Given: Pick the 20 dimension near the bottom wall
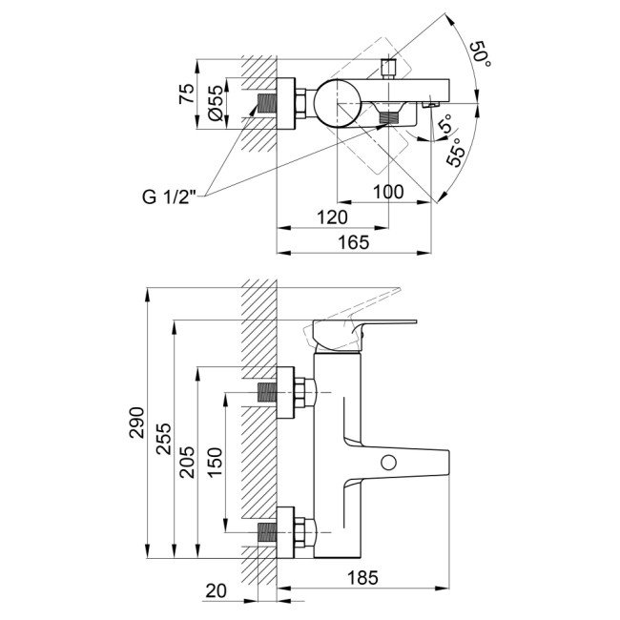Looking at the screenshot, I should [217, 590].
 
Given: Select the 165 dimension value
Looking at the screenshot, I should [353, 242].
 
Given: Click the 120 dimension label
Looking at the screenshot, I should [331, 217].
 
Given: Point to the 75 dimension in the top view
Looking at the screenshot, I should [188, 93].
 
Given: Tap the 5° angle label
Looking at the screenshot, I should [444, 124].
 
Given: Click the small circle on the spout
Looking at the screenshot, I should [387, 464].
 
